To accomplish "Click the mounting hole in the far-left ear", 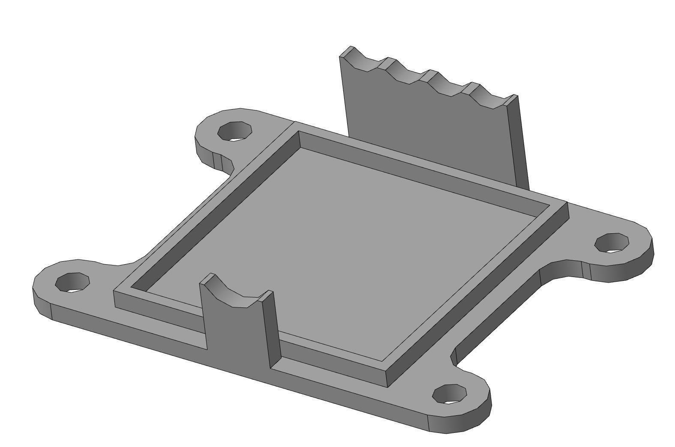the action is point(73,283).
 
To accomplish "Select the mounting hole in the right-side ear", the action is point(612,243).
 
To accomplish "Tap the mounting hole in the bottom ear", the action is point(449,393).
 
